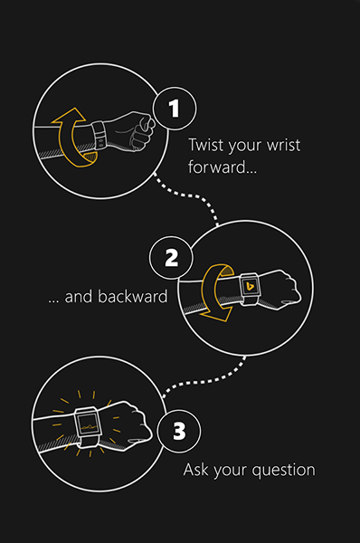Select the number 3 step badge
pyautogui.click(x=178, y=432)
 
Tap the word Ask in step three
pyautogui.click(x=196, y=471)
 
